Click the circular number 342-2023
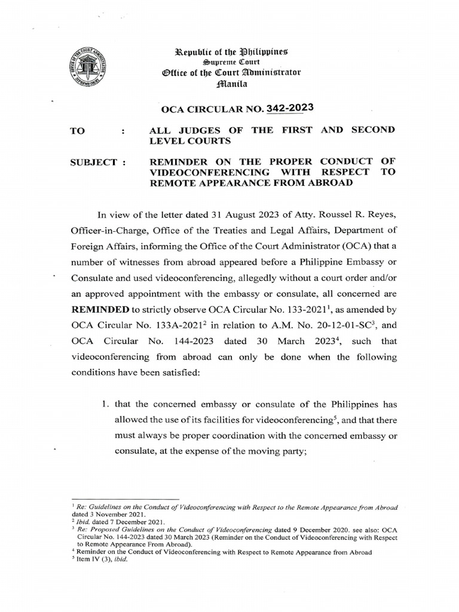tap(290, 108)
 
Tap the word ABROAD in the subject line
tap(330, 184)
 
